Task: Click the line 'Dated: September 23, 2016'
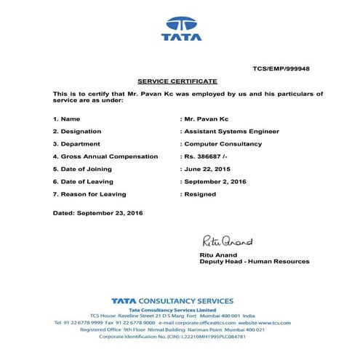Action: tap(98, 212)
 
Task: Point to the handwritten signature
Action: tap(227, 241)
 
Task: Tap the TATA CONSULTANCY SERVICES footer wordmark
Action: tap(172, 300)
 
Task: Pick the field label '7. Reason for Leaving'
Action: tap(89, 194)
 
